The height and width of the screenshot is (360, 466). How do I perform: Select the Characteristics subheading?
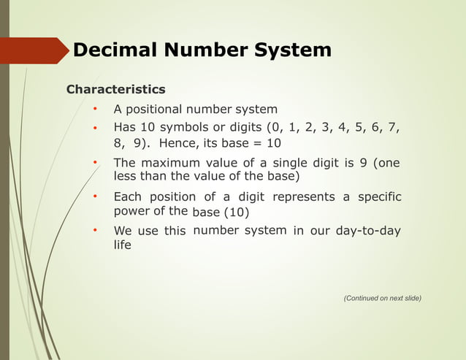(115, 90)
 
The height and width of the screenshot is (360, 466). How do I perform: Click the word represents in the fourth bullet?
(303, 197)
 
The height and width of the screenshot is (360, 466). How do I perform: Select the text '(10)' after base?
(235, 212)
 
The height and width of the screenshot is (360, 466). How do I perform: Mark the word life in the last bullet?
(122, 245)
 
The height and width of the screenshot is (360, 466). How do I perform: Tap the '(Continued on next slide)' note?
(382, 298)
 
